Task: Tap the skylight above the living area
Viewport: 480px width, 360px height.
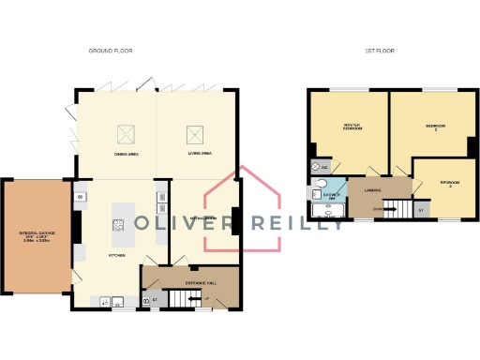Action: [x=196, y=133]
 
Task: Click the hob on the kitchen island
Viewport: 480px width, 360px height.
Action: [x=120, y=223]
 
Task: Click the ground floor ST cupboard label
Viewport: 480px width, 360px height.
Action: [x=154, y=300]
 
